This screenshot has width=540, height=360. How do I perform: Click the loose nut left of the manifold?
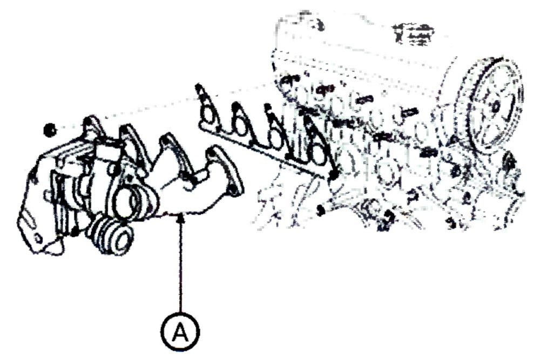[x=50, y=130]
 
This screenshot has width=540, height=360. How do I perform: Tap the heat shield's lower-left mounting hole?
[x=38, y=237]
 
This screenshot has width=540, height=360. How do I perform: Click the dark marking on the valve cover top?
[x=412, y=34]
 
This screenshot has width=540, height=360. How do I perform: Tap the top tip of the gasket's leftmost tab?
[x=198, y=85]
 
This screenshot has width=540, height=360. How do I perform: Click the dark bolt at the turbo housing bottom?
[x=73, y=232]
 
